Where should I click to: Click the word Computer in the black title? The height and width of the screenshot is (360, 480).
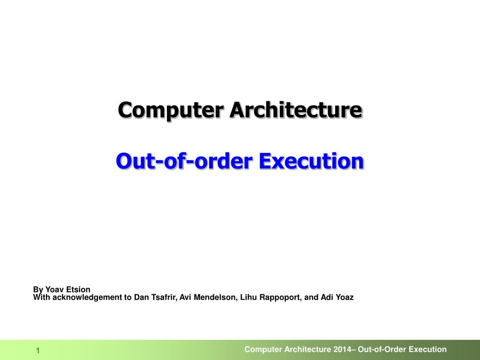170,110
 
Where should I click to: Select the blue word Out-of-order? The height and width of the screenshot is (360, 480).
184,161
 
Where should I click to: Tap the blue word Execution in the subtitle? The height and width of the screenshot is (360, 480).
311,161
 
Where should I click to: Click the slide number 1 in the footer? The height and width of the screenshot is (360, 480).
38,351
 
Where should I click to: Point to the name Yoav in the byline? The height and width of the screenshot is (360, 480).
54,289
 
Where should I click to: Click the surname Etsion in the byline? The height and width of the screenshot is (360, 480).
78,289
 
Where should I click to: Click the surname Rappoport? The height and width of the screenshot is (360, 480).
280,298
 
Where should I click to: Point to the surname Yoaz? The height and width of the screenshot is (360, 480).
345,297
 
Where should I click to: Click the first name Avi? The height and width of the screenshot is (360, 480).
186,297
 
